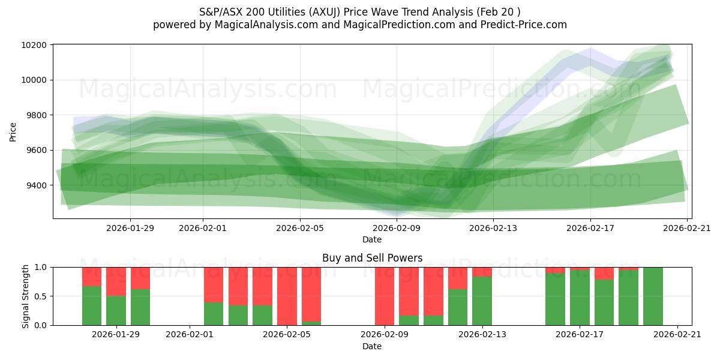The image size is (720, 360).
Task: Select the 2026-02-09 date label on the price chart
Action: point(397,228)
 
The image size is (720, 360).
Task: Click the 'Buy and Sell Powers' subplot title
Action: point(372,258)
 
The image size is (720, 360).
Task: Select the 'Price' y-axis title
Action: point(13,131)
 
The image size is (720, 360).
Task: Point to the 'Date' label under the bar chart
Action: point(372,346)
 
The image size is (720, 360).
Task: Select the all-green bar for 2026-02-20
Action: point(653,296)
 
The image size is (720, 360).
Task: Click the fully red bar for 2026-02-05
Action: point(287,296)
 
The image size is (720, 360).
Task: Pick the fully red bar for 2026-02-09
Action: point(385,296)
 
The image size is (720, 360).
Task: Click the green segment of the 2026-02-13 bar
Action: point(482,301)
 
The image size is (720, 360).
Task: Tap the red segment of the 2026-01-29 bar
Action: point(116,281)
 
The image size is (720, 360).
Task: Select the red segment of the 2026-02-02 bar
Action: point(214,284)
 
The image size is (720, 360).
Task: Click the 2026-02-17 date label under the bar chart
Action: point(580,334)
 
